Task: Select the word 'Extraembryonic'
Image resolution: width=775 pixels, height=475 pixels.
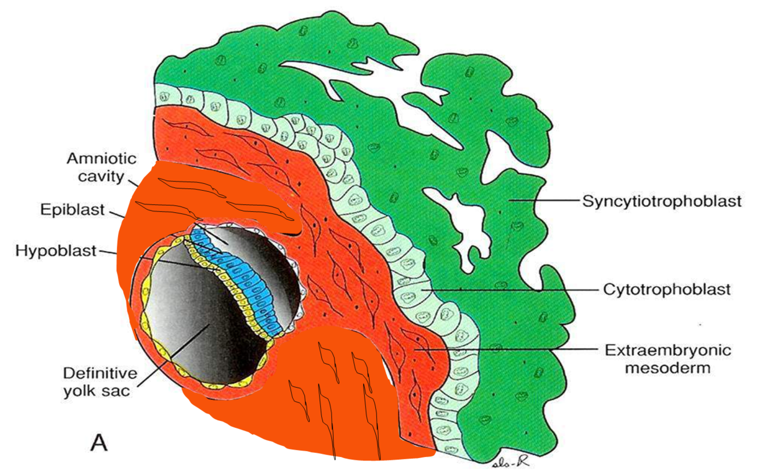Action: (x=668, y=351)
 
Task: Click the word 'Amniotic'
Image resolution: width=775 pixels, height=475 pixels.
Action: (x=101, y=158)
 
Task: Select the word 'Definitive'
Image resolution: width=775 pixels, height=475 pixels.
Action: (x=99, y=373)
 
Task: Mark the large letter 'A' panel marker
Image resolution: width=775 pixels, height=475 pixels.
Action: (x=99, y=443)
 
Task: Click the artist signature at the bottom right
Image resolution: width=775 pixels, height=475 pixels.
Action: (x=512, y=462)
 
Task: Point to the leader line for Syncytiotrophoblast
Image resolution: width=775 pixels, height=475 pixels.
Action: (x=546, y=201)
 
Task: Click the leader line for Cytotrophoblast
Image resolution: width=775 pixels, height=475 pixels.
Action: (x=511, y=288)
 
